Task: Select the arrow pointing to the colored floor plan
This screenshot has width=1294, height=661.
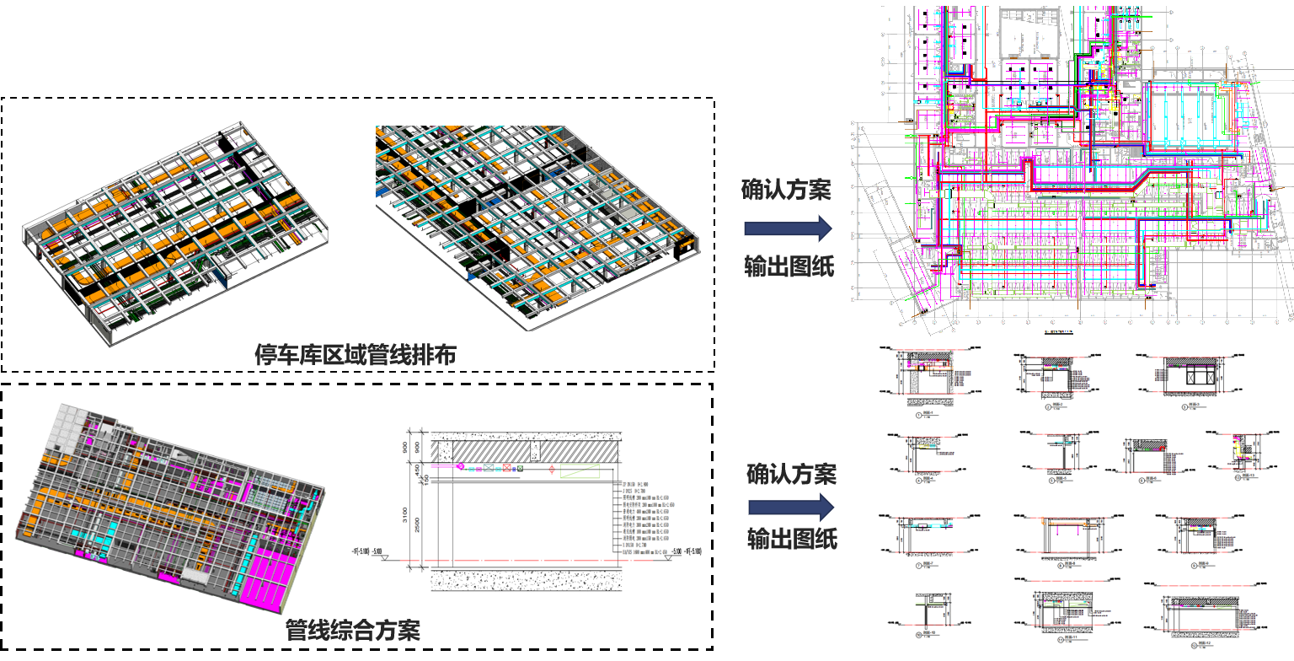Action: click(788, 228)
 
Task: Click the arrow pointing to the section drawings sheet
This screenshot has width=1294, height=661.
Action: click(791, 508)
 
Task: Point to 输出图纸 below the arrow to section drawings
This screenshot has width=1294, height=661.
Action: click(792, 539)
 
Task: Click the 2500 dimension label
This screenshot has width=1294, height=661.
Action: click(416, 525)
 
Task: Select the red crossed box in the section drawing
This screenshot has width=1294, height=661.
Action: click(506, 467)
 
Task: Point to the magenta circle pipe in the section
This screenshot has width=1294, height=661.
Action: click(460, 466)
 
